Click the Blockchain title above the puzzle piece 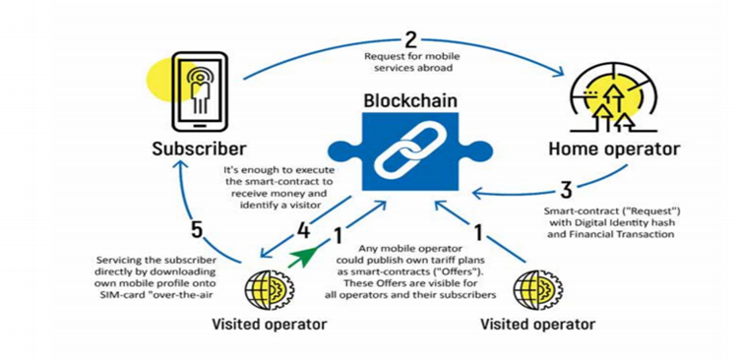(x=410, y=100)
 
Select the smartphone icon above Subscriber (x=200, y=91)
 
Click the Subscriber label (x=199, y=150)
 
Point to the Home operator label (x=614, y=150)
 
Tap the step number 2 (x=410, y=40)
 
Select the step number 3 (x=566, y=190)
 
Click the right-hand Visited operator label (x=537, y=324)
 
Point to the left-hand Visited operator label (x=269, y=324)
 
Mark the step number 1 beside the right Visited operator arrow (x=478, y=233)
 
